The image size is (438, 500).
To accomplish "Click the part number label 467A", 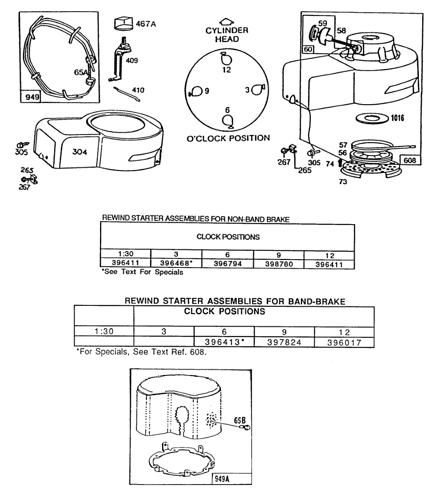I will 146,24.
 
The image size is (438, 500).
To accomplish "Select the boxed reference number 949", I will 32,97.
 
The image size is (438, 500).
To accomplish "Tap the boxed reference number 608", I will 410,160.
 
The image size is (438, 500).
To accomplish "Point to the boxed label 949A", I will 222,479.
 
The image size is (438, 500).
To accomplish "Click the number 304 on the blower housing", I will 80,152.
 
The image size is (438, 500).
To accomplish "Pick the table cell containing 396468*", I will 176,263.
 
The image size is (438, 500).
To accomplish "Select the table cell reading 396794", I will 228,263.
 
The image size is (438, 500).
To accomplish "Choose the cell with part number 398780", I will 279,264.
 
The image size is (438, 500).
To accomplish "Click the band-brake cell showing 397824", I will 284,342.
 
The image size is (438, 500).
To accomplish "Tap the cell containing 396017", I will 344,342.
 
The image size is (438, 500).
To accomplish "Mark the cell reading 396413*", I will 224,342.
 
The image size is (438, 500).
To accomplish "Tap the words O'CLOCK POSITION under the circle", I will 228,138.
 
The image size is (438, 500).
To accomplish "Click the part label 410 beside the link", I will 138,90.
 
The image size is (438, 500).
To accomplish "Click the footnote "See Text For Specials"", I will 143,272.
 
